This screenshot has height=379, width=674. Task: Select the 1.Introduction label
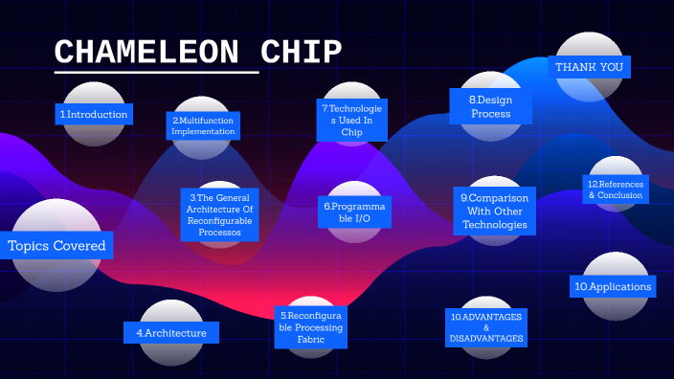pyautogui.click(x=94, y=115)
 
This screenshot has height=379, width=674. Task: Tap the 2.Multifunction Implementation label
pyautogui.click(x=203, y=125)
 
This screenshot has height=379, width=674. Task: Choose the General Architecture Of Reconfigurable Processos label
pyautogui.click(x=219, y=214)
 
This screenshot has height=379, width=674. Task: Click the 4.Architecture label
pyautogui.click(x=171, y=332)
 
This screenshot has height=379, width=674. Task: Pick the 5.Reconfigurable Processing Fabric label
pyautogui.click(x=311, y=327)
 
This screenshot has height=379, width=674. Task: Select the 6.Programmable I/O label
pyautogui.click(x=354, y=212)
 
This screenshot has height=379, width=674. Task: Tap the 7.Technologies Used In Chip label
pyautogui.click(x=351, y=122)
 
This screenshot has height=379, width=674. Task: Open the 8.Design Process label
pyautogui.click(x=490, y=106)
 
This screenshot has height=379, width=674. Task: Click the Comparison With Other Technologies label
pyautogui.click(x=495, y=212)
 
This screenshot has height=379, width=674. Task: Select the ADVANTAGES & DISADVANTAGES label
pyautogui.click(x=486, y=327)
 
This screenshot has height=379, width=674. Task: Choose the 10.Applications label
pyautogui.click(x=614, y=286)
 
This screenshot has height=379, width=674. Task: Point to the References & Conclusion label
pyautogui.click(x=615, y=189)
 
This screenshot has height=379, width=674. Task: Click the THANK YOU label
pyautogui.click(x=589, y=67)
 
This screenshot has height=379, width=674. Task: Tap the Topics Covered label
pyautogui.click(x=56, y=246)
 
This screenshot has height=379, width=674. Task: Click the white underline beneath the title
pyautogui.click(x=156, y=72)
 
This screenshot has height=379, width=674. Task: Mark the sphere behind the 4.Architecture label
pyautogui.click(x=172, y=311)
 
